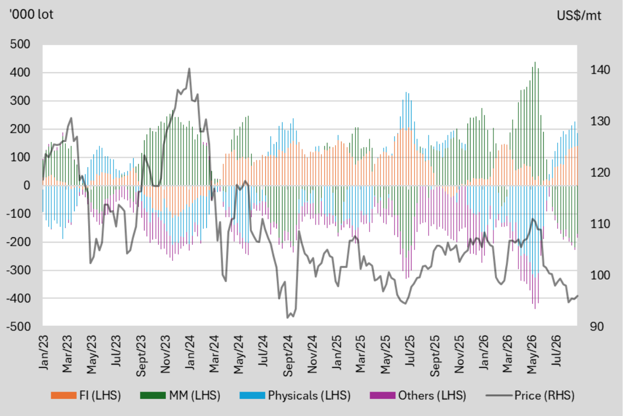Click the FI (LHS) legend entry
[x=86, y=395]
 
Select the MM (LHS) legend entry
[x=180, y=395]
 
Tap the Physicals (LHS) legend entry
[x=295, y=395]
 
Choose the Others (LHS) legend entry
[x=418, y=395]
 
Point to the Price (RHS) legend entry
[x=530, y=395]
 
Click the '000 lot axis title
[x=31, y=15]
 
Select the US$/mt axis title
[x=579, y=16]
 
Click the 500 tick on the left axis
[x=20, y=44]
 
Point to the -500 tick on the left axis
[x=18, y=326]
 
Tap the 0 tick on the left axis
[x=27, y=185]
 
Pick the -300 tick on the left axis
[x=18, y=270]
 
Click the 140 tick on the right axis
[x=600, y=70]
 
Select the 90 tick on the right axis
[x=597, y=326]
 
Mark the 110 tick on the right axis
[x=600, y=224]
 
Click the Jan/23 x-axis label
[x=44, y=352]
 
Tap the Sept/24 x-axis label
[x=288, y=356]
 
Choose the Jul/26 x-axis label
[x=556, y=351]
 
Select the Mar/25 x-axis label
[x=361, y=354]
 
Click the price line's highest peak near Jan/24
[x=190, y=68]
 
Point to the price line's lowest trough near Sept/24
[x=287, y=318]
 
